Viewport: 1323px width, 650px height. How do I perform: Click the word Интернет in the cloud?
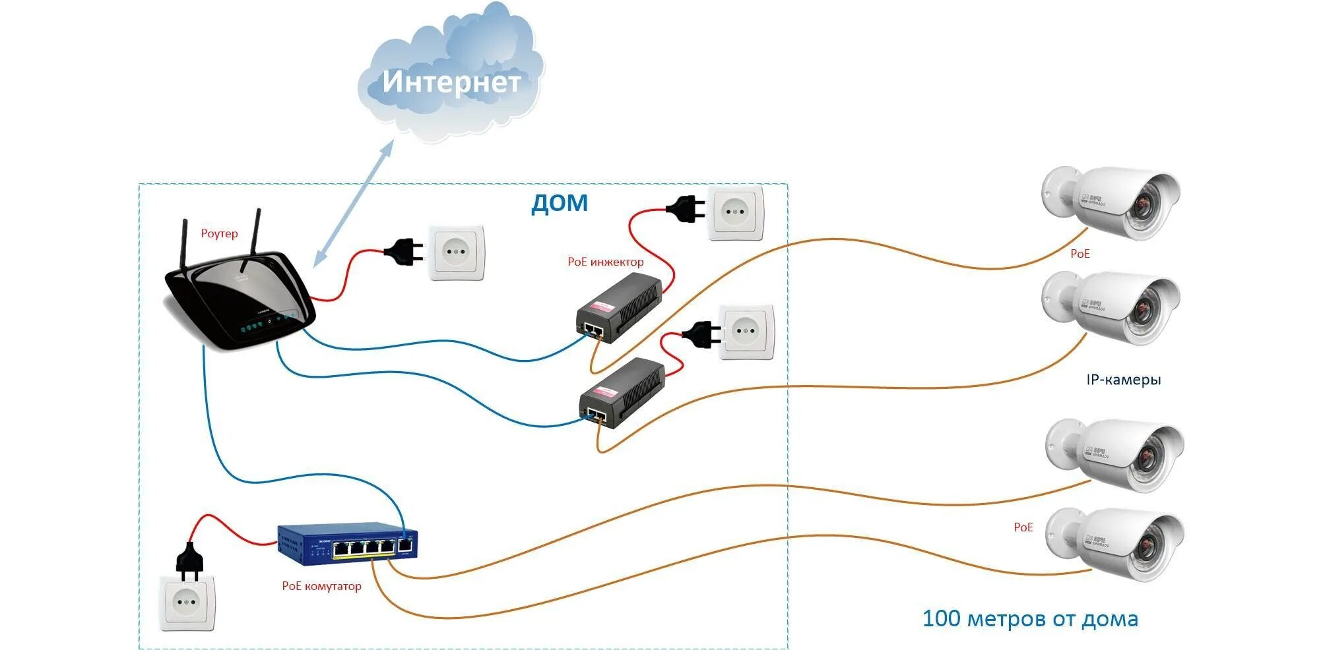451,82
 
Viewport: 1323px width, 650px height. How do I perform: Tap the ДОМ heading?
559,203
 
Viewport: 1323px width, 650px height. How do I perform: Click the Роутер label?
219,234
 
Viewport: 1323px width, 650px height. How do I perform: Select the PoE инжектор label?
605,262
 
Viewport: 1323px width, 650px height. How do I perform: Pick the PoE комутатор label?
321,586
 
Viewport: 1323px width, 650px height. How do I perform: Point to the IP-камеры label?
1123,380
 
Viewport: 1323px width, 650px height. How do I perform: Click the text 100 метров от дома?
1029,619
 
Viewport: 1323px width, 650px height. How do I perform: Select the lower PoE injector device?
622,394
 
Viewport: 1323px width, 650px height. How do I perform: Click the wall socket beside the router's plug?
456,252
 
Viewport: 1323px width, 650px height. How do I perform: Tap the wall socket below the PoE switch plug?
187,603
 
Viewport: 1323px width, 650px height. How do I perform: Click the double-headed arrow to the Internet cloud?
354,204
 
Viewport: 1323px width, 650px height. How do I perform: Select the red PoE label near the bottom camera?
1023,527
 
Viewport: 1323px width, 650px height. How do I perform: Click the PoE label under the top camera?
1080,254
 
